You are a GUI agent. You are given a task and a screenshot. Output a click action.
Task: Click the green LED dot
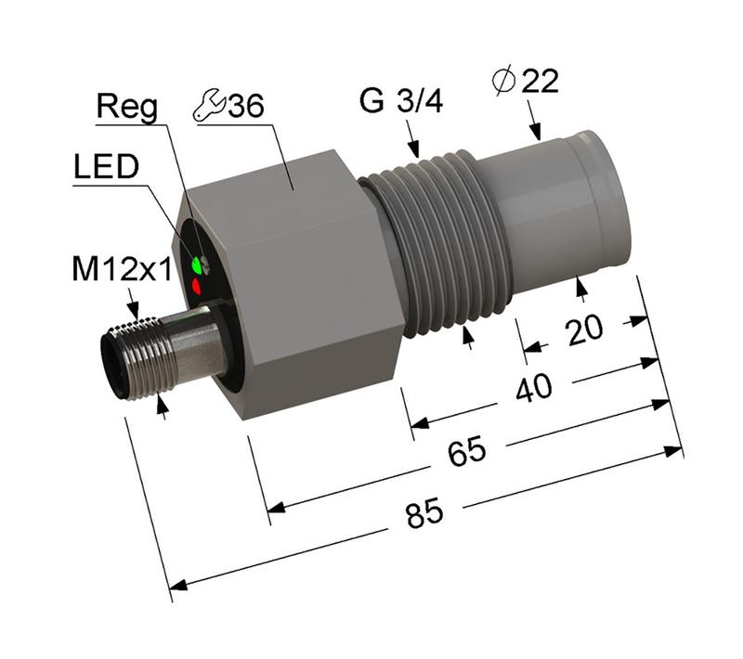pos(196,266)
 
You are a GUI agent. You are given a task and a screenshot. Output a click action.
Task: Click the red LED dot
pos(197,287)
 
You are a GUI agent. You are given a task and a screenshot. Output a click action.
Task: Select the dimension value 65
pos(467,453)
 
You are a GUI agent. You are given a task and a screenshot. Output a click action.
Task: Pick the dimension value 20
pos(583,329)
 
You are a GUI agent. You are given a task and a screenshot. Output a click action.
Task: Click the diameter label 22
pos(541,82)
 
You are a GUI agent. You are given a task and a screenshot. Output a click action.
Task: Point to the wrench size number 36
pos(246,106)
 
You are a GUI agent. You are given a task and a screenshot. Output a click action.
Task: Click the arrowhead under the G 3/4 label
pos(413,149)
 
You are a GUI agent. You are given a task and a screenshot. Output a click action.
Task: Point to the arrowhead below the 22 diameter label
pos(536,133)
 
